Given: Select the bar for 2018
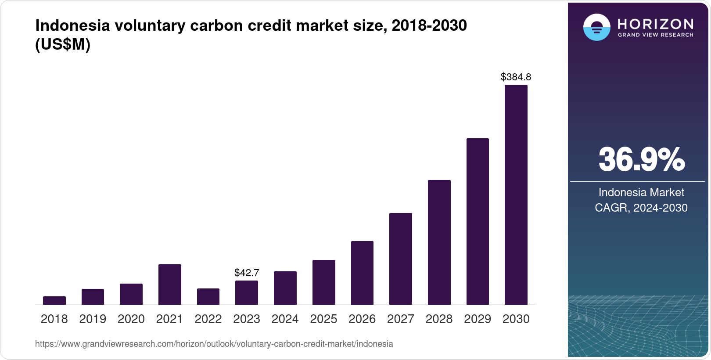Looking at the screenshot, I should pos(54,301).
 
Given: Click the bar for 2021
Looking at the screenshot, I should pos(170,284).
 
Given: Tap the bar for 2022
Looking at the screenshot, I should pos(208,297).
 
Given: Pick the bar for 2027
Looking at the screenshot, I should pos(401,259).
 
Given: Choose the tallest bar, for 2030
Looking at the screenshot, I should pos(516,195).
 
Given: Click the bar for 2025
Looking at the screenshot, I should pos(324,282).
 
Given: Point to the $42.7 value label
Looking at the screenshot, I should pos(247,273).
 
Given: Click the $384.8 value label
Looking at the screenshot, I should pos(516,77).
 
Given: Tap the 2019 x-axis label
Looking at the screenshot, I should pos(93,319).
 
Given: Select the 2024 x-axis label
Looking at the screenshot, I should pos(285,319).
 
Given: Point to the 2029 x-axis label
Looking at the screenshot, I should pos(478,319).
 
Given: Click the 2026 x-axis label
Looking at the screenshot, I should pos(362,319).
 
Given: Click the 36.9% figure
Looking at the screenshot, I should pos(641,159).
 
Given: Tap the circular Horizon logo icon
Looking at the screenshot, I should pos(596,27).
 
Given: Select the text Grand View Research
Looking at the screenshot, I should pos(656,35).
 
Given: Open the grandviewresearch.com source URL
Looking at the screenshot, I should pos(214,344).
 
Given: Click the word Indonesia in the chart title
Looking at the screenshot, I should pos(72,25).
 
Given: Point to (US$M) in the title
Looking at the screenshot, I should pos(63,44).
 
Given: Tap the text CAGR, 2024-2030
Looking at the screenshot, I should pos(641,208).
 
